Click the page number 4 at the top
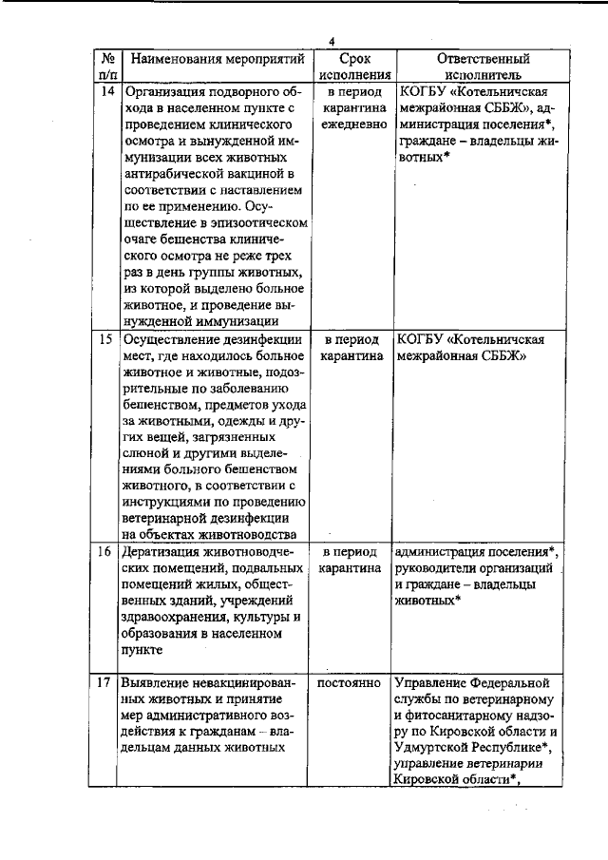click(x=333, y=41)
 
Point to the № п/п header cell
click(x=107, y=67)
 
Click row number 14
click(x=107, y=92)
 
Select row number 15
click(x=107, y=339)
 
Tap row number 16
click(x=107, y=552)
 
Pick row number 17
click(x=107, y=684)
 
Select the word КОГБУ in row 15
click(x=422, y=339)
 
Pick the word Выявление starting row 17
click(x=156, y=684)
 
